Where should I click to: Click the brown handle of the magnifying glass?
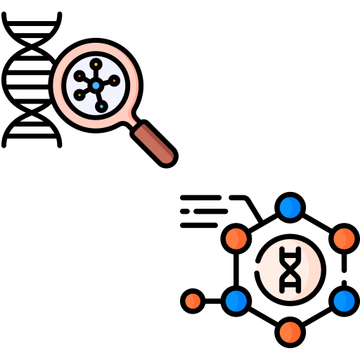(154, 143)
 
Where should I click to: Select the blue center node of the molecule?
(96, 85)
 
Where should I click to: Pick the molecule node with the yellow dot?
(96, 65)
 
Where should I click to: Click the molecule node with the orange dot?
(114, 80)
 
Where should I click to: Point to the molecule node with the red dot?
(79, 76)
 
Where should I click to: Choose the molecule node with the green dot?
(80, 94)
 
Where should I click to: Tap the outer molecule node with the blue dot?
(102, 106)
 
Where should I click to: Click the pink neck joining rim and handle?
(131, 122)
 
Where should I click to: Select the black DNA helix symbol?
(290, 269)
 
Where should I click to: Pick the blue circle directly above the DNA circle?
(290, 207)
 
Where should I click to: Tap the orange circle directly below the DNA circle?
(290, 332)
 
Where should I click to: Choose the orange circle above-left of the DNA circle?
(236, 239)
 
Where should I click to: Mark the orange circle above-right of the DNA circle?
(344, 239)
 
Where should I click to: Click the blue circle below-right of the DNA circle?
(344, 301)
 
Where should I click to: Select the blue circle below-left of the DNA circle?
(236, 301)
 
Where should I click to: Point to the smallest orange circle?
(193, 301)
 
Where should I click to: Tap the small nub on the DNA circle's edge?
(259, 267)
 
